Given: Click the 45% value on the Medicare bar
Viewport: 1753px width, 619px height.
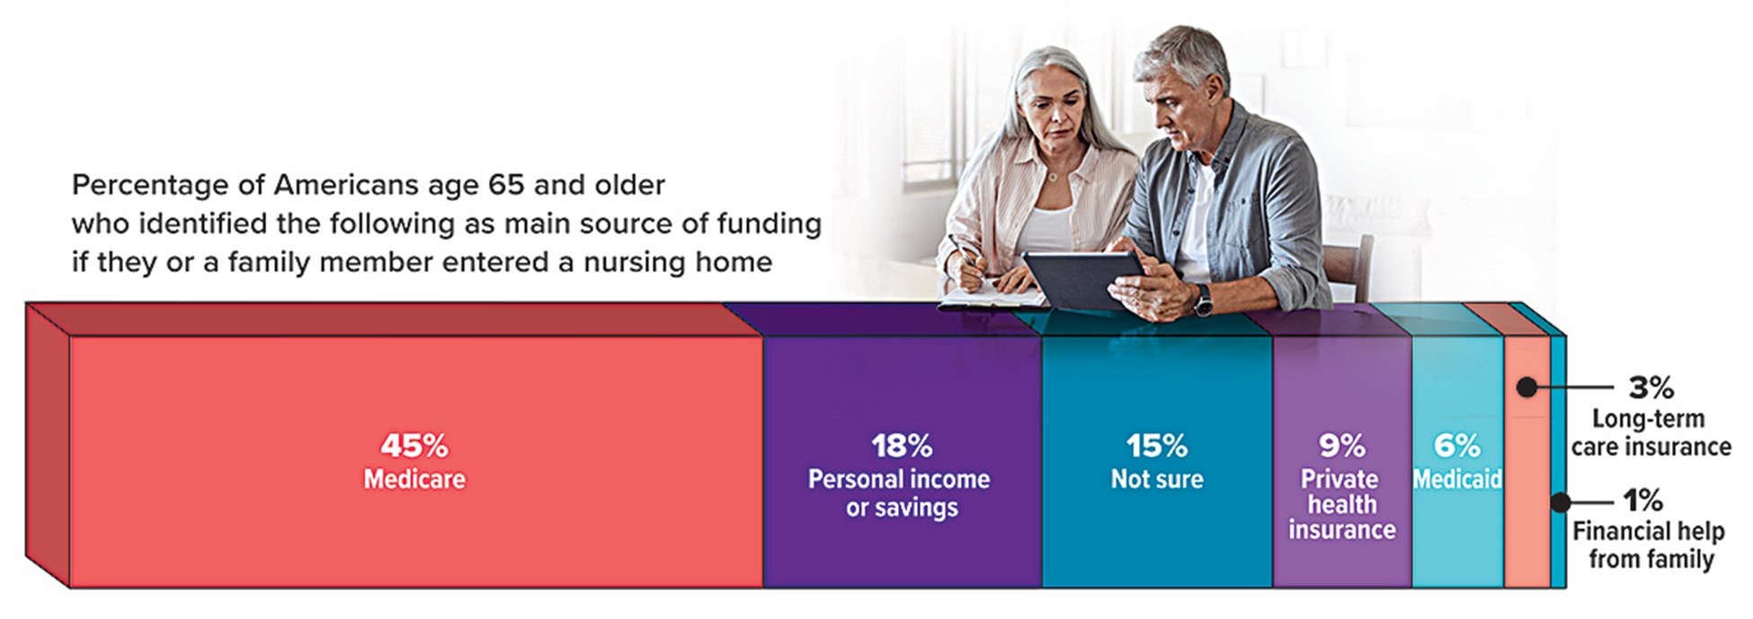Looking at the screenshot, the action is pos(414,446).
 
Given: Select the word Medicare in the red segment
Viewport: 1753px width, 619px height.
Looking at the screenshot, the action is pos(414,479).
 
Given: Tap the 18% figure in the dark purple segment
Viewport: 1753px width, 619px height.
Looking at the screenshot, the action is pos(902,446).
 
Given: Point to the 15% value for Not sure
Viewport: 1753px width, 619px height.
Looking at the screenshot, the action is pos(1157,446).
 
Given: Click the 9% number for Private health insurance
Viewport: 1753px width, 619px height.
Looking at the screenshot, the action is pos(1342,446).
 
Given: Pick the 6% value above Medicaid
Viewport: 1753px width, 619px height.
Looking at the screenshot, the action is pos(1456,446).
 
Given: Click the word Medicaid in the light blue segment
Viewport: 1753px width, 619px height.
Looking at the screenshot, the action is pos(1457,479).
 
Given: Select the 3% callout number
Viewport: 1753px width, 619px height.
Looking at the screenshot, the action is pos(1651,387).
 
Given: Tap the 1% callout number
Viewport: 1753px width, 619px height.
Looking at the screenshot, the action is pos(1642,500).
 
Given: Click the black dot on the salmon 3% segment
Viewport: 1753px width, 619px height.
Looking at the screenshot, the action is pos(1526,387).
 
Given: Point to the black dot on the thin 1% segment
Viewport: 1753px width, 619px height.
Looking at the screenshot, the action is pos(1561,501).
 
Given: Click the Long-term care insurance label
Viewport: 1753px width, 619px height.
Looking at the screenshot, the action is pos(1651,432).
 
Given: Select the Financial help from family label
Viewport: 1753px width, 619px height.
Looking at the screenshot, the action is pos(1650,544).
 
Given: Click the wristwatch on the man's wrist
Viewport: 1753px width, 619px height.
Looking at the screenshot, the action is pos(1203,299).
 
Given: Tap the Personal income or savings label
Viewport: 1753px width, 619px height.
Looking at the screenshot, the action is pos(900,492).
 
